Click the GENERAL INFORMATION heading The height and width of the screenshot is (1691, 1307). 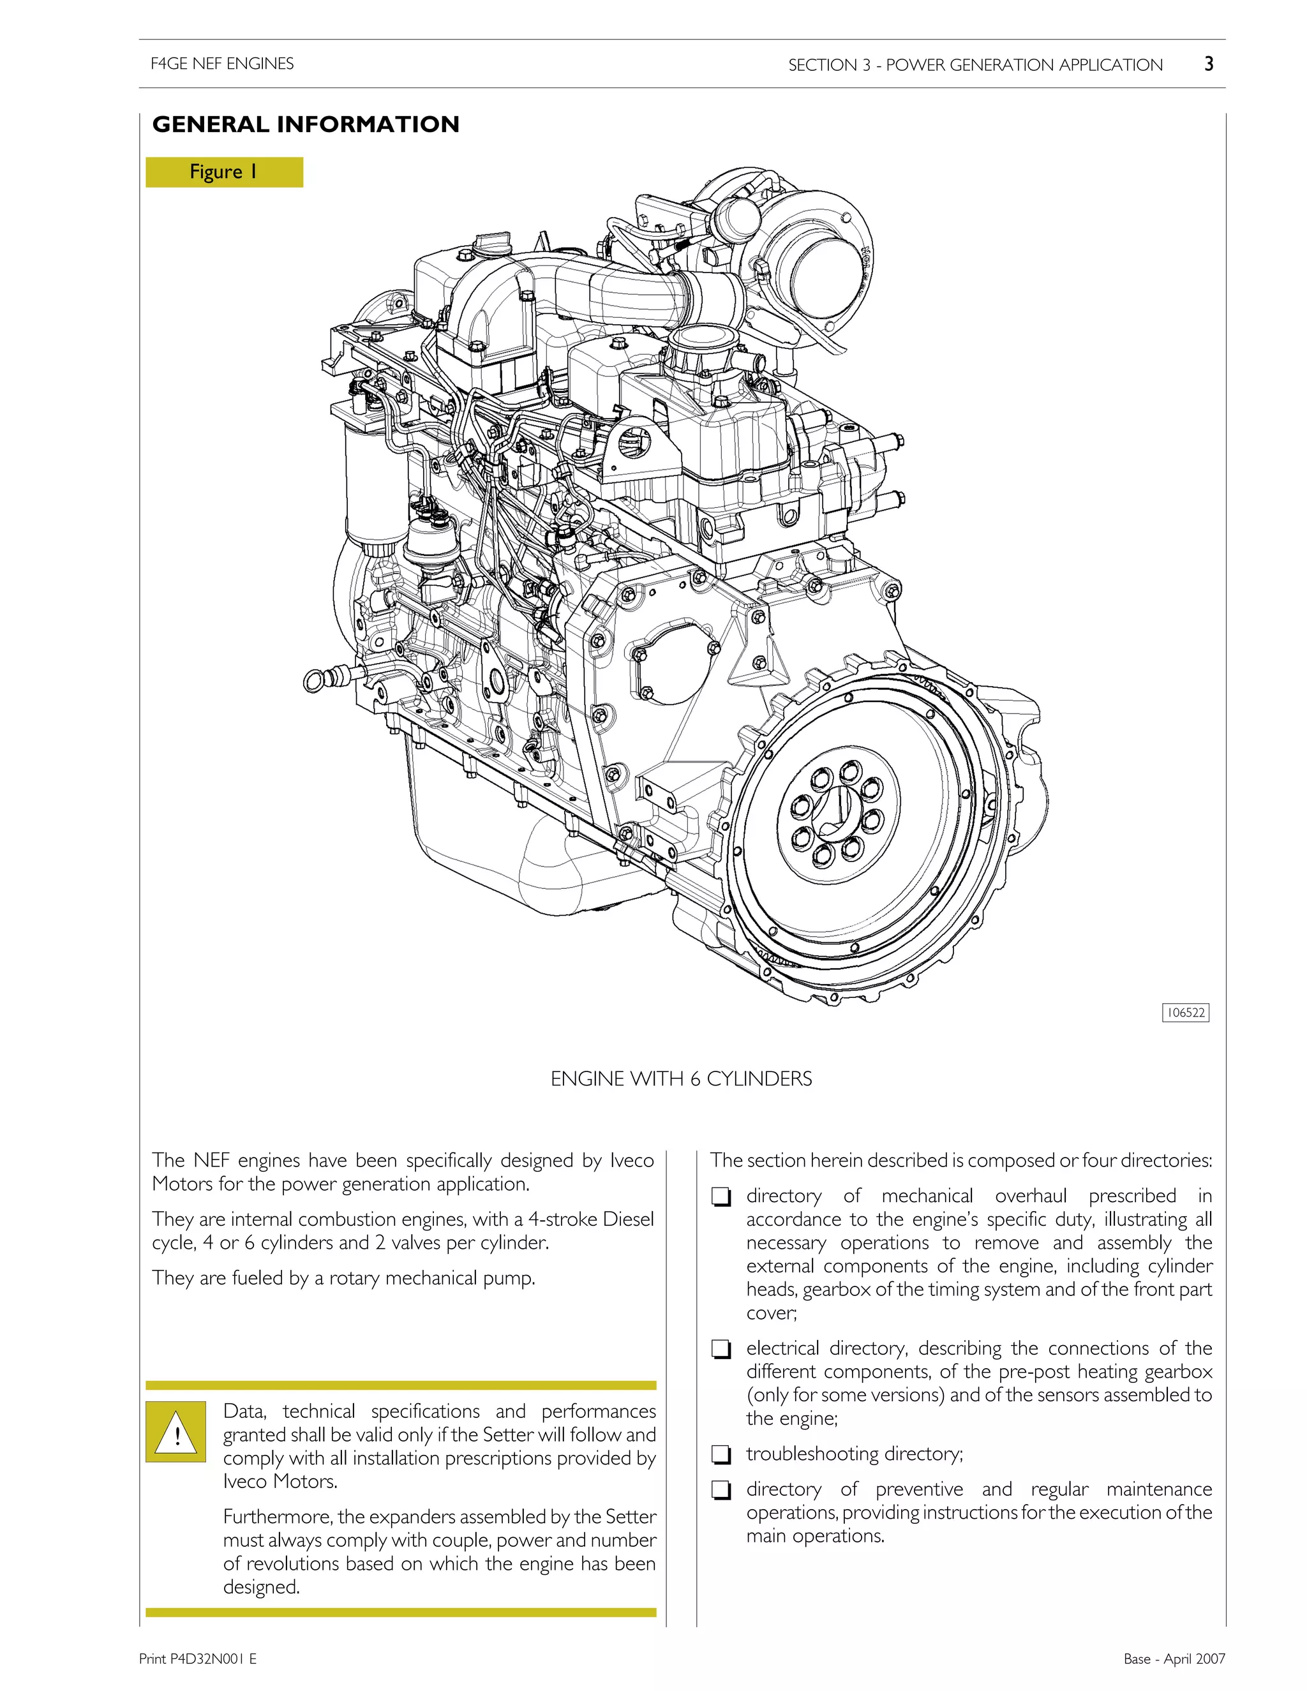[306, 124]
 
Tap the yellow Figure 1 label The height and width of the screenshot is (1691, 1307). [224, 172]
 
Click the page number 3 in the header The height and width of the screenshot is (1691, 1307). [1209, 64]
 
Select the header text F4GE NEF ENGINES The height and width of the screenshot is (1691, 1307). [222, 63]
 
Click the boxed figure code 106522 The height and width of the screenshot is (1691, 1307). [1186, 1013]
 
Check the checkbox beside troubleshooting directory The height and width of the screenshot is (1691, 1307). [721, 1456]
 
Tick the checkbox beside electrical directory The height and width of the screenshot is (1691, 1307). [721, 1350]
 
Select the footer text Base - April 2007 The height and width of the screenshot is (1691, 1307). [1174, 1658]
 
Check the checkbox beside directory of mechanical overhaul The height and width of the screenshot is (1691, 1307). [721, 1198]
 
